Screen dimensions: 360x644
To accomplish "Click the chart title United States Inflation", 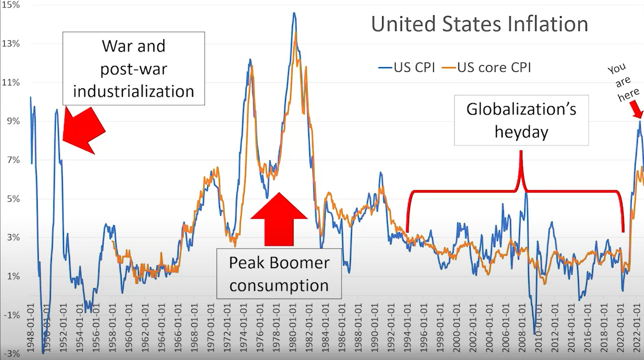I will click(x=479, y=24).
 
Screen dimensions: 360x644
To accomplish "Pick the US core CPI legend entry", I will click(x=488, y=67).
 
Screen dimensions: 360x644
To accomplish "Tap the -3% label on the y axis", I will click(x=11, y=354).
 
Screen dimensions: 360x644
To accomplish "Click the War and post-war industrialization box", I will click(x=133, y=68).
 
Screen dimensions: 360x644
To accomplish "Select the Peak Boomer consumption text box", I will click(x=279, y=274).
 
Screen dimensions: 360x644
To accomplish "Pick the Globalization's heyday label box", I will click(x=521, y=120).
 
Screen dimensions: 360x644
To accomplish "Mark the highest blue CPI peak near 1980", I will click(x=294, y=13).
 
